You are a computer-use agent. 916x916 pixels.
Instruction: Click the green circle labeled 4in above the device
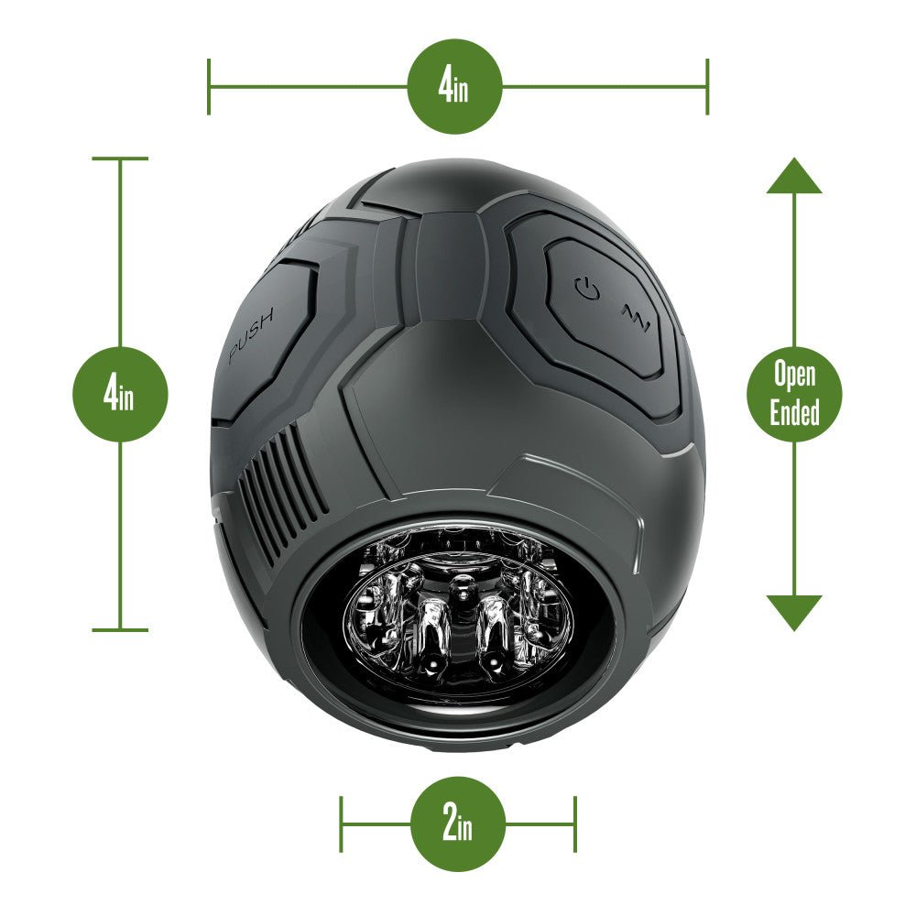pos(455,87)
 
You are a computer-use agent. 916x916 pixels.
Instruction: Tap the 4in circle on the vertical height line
pos(120,395)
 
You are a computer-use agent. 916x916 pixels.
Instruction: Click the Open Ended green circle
pos(794,395)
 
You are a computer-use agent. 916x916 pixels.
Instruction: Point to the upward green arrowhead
pos(794,176)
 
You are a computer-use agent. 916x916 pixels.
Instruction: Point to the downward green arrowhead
pos(794,612)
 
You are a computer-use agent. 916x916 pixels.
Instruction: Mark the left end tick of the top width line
pos(209,87)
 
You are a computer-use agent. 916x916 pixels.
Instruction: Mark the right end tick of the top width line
pos(707,87)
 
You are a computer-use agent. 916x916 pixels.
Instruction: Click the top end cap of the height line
pos(120,158)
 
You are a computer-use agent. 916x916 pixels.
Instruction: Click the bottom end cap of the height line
pos(120,630)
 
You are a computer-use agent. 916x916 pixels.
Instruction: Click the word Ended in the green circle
pos(794,413)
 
